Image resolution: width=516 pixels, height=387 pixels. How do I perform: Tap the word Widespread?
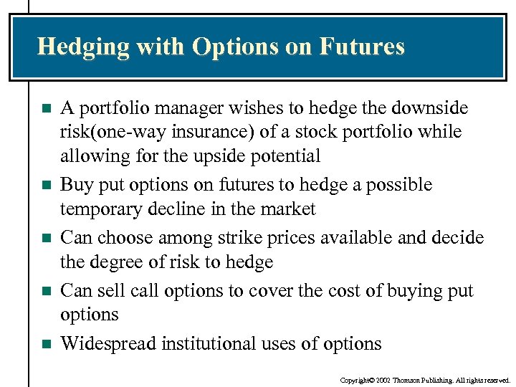tap(108, 343)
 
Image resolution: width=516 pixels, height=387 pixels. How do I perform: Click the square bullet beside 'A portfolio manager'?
tap(46, 109)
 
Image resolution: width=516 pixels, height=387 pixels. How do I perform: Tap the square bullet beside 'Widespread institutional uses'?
tap(46, 344)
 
